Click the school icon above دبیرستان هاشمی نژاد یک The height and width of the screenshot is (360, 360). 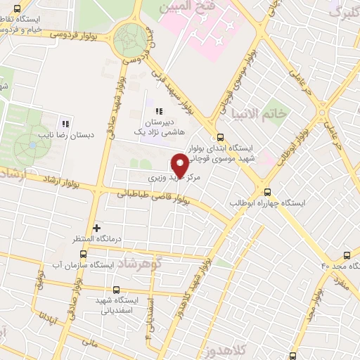(159, 112)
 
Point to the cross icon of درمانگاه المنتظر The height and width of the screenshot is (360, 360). (96, 227)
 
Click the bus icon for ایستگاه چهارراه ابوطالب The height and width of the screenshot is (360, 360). (266, 191)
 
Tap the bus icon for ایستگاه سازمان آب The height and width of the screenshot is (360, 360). (84, 254)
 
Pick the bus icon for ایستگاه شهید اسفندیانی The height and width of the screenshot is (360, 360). (117, 290)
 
